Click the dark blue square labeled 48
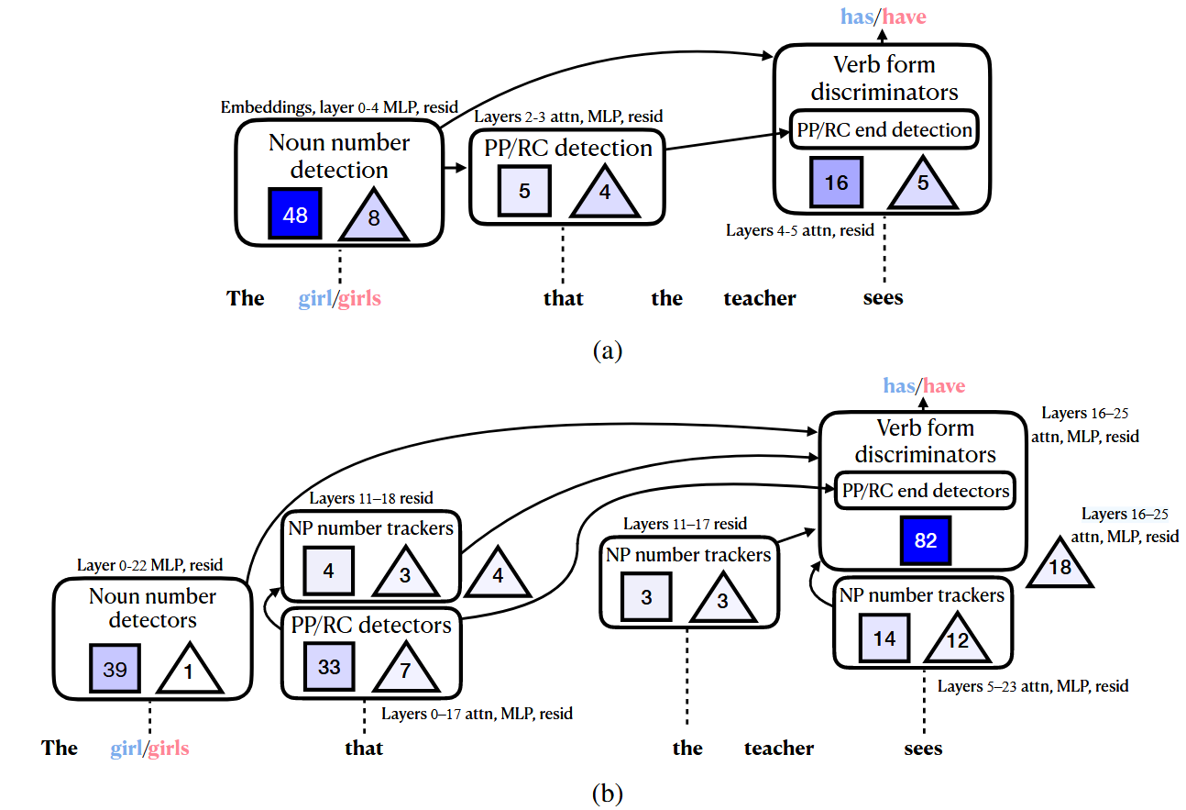pos(295,215)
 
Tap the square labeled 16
pos(836,182)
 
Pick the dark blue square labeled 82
pos(926,540)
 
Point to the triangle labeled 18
pos(1060,564)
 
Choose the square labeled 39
pos(115,670)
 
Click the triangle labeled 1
pos(189,671)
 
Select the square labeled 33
pos(329,666)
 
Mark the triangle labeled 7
pos(404,668)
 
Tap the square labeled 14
pos(884,638)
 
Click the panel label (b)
pos(608,791)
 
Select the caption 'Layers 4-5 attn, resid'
pos(799,230)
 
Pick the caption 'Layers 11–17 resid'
pos(685,524)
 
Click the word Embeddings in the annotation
pos(267,107)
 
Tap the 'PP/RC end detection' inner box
pos(884,129)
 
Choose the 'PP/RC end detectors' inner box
pos(926,491)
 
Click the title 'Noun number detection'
pos(340,156)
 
